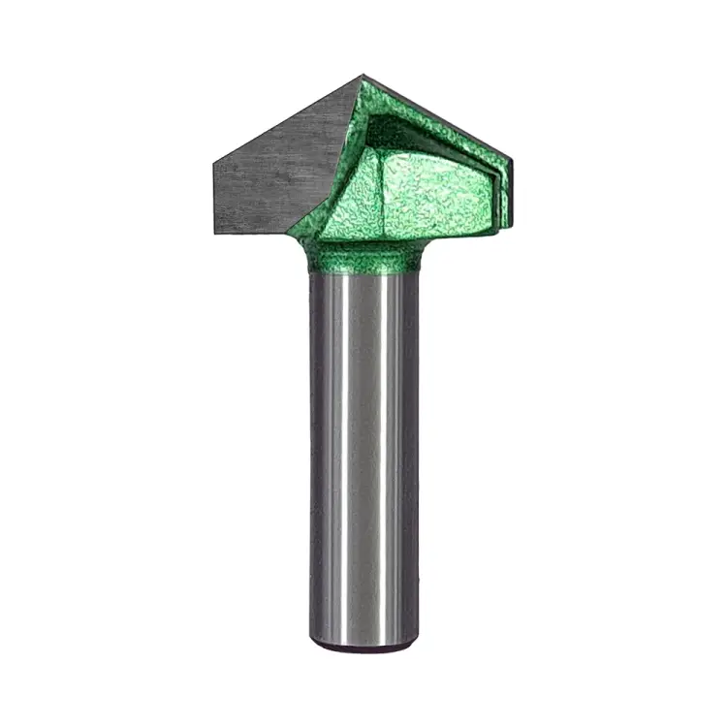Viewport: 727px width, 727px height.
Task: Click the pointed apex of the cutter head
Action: coord(365,77)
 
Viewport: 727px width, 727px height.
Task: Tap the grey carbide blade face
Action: coord(276,170)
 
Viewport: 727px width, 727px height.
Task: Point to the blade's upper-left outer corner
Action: coord(214,163)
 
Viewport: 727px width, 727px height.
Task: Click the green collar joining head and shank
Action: coord(363,258)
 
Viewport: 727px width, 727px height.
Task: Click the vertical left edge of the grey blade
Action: coord(214,198)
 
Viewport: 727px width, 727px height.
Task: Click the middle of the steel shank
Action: coord(363,456)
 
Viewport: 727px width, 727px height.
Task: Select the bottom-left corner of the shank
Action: coord(312,640)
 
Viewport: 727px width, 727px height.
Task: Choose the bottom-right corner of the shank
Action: coord(416,640)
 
